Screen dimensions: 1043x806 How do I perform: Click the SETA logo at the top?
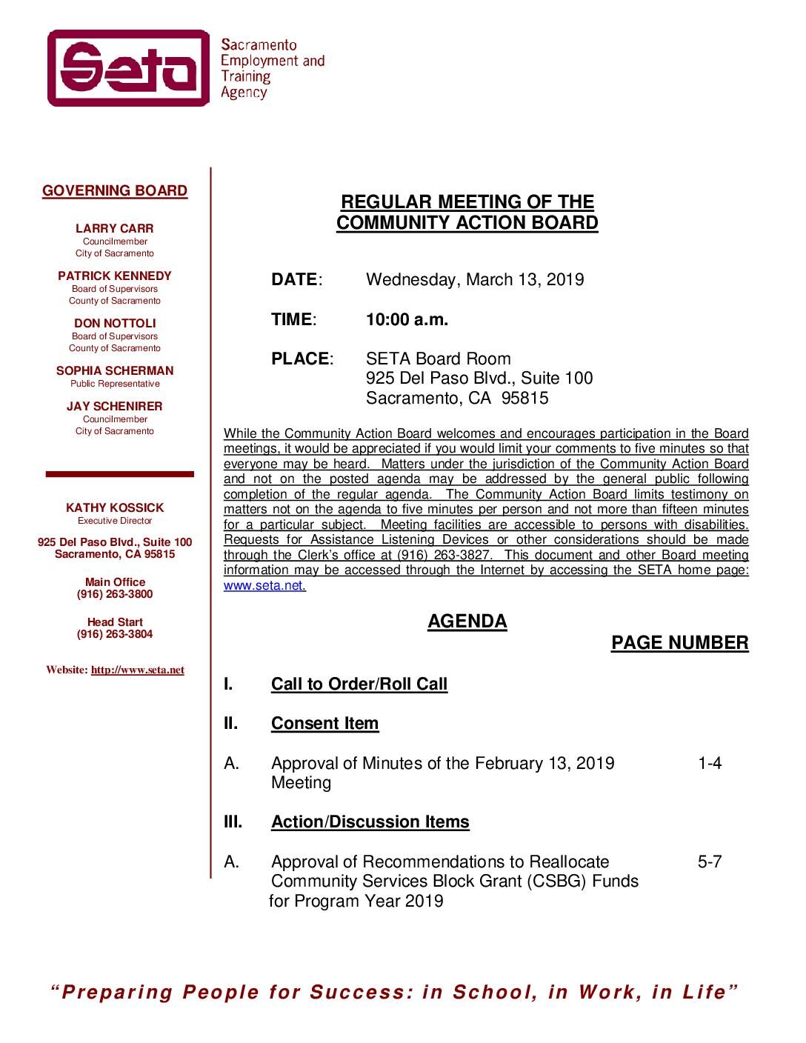pyautogui.click(x=129, y=68)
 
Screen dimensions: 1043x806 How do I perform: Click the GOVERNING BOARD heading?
pyautogui.click(x=115, y=191)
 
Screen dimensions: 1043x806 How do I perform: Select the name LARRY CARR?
pyautogui.click(x=115, y=229)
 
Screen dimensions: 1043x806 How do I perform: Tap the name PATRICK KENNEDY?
pyautogui.click(x=115, y=276)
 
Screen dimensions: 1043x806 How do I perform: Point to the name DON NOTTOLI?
pyautogui.click(x=115, y=324)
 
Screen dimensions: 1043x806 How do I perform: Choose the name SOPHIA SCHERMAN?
pyautogui.click(x=115, y=371)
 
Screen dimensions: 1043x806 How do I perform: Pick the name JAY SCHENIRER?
pyautogui.click(x=115, y=407)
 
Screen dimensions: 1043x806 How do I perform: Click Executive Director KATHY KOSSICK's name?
pyautogui.click(x=115, y=508)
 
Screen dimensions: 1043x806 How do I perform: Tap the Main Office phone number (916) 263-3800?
pyautogui.click(x=115, y=594)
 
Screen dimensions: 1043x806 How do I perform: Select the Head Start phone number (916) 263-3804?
pyautogui.click(x=115, y=634)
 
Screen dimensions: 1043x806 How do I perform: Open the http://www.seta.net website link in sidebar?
pyautogui.click(x=138, y=670)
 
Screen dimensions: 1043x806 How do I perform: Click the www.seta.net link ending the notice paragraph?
pyautogui.click(x=264, y=585)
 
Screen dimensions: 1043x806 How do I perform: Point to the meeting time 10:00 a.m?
pyautogui.click(x=407, y=320)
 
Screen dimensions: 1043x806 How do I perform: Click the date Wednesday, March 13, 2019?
pyautogui.click(x=475, y=280)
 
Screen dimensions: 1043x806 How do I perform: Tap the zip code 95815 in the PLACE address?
pyautogui.click(x=525, y=399)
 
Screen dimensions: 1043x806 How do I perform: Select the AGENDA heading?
pyautogui.click(x=467, y=622)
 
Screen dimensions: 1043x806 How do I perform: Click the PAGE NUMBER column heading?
pyautogui.click(x=679, y=643)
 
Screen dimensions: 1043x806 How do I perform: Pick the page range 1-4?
pyautogui.click(x=709, y=764)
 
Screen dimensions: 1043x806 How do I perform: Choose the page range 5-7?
pyautogui.click(x=709, y=862)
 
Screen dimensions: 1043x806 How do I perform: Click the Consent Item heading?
pyautogui.click(x=324, y=724)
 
